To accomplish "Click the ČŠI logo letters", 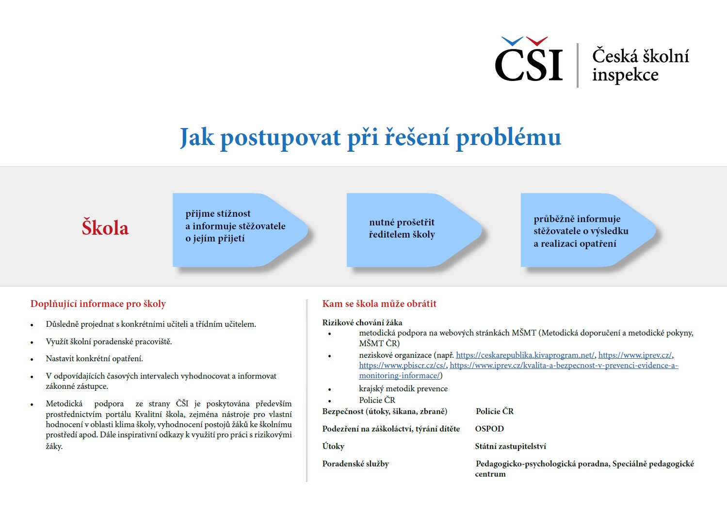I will click(529, 64).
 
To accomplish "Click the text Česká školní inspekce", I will click(640, 65).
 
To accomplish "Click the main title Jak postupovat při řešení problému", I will click(371, 137).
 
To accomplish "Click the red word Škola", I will click(105, 228).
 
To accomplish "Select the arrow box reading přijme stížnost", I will click(235, 226).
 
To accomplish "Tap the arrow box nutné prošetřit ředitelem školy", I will click(402, 228).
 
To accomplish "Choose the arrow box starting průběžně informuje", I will click(581, 231).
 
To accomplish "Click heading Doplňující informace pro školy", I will click(98, 304).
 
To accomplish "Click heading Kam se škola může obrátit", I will click(379, 304).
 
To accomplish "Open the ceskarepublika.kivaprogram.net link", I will click(525, 355).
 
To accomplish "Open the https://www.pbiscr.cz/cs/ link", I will click(402, 366).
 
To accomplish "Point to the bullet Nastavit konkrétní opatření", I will click(94, 359).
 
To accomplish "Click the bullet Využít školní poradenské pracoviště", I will click(109, 342).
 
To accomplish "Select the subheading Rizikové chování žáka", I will click(362, 322).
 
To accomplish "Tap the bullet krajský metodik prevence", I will click(403, 389).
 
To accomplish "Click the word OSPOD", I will click(489, 429).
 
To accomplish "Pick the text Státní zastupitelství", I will click(510, 447).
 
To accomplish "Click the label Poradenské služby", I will click(355, 464).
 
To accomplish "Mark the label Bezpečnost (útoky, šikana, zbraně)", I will click(385, 412).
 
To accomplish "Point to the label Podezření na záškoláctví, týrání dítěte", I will click(391, 429).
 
